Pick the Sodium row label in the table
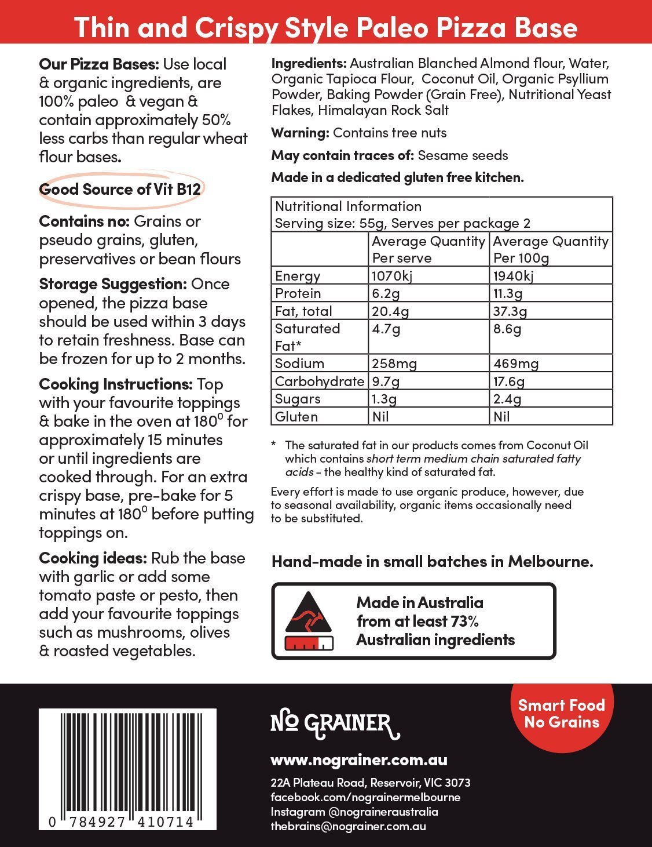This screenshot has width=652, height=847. click(299, 363)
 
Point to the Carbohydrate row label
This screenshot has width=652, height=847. click(320, 381)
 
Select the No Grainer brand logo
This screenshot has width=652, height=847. click(335, 725)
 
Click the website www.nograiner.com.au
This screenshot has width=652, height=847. click(359, 759)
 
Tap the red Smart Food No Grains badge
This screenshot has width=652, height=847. click(561, 714)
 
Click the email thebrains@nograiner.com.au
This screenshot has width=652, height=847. click(349, 826)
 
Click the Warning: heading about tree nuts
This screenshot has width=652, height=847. click(300, 133)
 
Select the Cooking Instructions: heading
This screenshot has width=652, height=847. click(116, 384)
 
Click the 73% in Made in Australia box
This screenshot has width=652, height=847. click(464, 621)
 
